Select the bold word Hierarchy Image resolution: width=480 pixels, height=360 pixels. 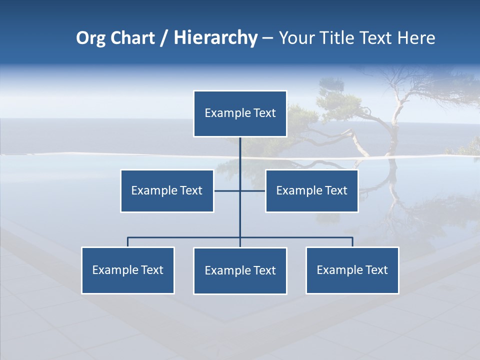215,38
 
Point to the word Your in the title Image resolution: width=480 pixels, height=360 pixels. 295,38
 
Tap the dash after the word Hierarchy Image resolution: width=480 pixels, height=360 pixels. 267,39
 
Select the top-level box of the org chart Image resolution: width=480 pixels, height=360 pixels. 240,113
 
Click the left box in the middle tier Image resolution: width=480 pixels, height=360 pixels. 167,191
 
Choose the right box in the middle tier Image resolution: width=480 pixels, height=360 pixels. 311,191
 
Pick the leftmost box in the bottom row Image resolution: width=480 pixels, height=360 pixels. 127,270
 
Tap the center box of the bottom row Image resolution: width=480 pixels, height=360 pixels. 240,271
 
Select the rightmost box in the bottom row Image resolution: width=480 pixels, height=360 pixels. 352,270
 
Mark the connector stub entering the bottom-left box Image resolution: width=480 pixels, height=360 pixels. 127,242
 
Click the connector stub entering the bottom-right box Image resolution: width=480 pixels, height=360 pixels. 352,242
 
